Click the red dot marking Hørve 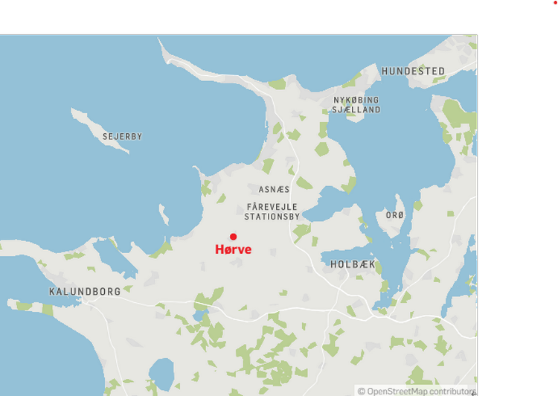(233, 237)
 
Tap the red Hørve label (233, 250)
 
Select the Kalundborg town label (85, 292)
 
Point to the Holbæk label (353, 264)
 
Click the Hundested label (414, 71)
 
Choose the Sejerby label (123, 137)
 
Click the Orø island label (395, 216)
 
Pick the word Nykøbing (356, 100)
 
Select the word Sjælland (356, 109)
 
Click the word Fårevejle (272, 206)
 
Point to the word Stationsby (272, 217)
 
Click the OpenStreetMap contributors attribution (417, 391)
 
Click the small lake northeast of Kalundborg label (108, 257)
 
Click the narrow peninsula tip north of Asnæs (165, 46)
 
